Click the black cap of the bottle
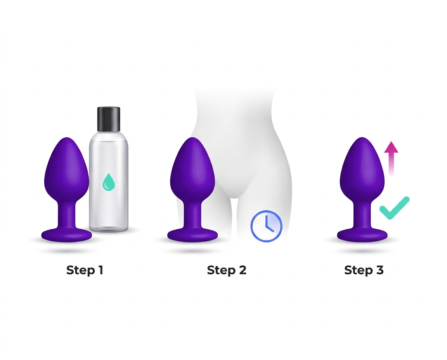tap(108, 119)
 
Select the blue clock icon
tap(266, 226)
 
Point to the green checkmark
tap(394, 208)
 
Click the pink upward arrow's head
tap(391, 147)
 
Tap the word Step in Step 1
tap(80, 270)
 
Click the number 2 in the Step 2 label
tap(242, 270)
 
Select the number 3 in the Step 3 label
tap(379, 270)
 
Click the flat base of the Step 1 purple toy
tap(67, 235)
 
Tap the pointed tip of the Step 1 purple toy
tap(67, 140)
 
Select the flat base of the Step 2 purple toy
tap(192, 235)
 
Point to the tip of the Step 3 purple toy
tap(362, 140)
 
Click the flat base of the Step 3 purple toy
tap(362, 235)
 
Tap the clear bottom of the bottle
tap(108, 226)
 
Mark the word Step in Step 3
tap(358, 270)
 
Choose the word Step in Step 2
tap(220, 270)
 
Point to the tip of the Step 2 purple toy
tap(192, 140)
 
